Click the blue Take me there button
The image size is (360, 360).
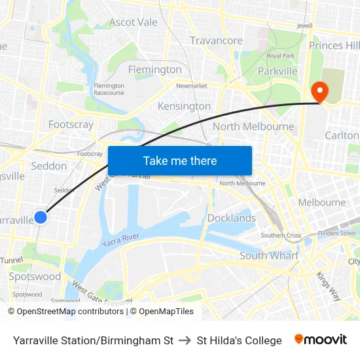point(180,160)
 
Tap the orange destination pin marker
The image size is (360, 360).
point(319,92)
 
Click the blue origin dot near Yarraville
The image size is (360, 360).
point(41,217)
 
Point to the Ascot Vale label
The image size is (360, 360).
point(134,22)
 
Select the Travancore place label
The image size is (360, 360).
point(216,41)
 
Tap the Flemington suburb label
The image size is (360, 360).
point(155,69)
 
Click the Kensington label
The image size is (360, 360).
point(184,106)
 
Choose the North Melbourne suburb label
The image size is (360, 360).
point(253,126)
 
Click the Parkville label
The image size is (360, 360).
point(278,71)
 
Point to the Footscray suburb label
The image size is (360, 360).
point(71,124)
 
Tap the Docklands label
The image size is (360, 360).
point(232,218)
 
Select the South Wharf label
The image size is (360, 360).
point(269,255)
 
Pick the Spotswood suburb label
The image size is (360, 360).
point(35,276)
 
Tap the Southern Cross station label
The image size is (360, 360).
point(281,236)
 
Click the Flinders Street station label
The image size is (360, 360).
point(337,233)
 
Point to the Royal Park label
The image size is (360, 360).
point(281,56)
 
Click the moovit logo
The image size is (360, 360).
point(320,340)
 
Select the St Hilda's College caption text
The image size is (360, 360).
point(239,340)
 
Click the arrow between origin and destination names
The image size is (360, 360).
point(185,340)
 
